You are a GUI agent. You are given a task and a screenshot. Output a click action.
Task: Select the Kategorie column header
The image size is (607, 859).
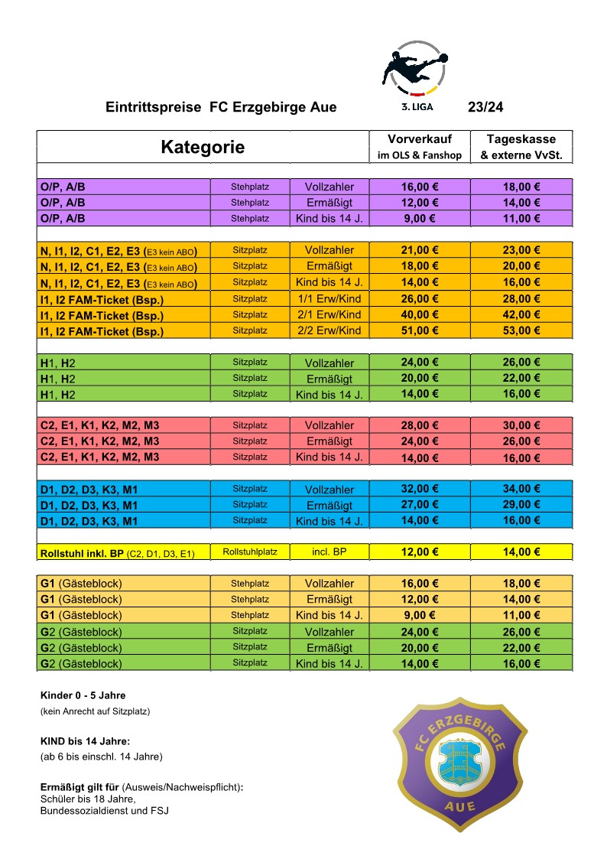(203, 147)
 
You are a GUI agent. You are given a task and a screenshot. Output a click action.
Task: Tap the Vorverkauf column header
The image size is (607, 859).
(420, 146)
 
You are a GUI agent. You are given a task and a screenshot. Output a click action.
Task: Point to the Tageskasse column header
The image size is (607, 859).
(521, 146)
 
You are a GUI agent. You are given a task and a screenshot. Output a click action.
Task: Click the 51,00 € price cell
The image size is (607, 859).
(419, 330)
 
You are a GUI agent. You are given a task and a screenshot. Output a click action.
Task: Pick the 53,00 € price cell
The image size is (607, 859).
(521, 330)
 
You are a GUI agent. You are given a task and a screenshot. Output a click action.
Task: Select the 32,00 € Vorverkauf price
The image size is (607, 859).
(419, 489)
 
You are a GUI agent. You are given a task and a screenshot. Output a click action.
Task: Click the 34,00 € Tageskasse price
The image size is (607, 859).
(521, 489)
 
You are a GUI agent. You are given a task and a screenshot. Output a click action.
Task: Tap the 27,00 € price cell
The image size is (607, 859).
(419, 505)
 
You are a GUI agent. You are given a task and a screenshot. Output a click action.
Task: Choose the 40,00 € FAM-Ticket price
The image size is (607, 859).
(419, 314)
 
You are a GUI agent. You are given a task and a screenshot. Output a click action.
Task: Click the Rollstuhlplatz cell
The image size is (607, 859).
(250, 552)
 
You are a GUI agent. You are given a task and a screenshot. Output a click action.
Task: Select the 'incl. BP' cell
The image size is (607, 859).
(329, 552)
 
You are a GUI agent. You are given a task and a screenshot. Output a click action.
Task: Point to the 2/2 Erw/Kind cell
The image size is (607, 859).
(329, 330)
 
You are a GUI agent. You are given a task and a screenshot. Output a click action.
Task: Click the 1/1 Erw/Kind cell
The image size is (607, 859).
(329, 298)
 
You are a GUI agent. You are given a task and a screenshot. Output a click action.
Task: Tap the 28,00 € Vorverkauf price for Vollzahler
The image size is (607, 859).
(419, 425)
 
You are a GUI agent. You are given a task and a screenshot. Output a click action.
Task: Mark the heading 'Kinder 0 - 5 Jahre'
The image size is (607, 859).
(83, 695)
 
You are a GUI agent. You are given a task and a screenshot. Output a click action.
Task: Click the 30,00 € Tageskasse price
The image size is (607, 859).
(521, 425)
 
